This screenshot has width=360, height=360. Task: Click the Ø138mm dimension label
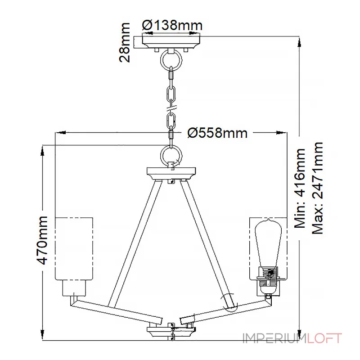172,25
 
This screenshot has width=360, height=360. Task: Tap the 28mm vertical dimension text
125,42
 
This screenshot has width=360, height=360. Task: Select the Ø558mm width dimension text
217,133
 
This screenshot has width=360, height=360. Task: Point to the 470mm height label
42,240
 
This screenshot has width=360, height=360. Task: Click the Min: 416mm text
300,188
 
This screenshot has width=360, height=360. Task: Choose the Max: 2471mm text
318,188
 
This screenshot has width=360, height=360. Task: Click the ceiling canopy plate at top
171,42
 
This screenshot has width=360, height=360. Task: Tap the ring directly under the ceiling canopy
171,60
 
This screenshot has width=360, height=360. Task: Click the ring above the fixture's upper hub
171,155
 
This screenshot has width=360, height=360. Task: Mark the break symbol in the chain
171,108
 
